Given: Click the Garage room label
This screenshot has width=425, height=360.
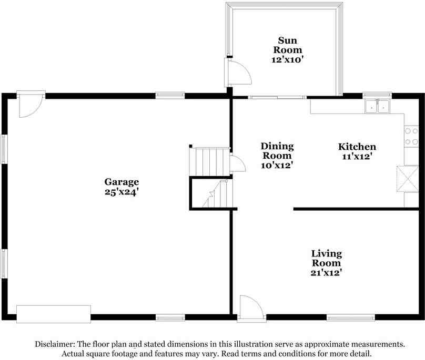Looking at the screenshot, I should (x=121, y=182).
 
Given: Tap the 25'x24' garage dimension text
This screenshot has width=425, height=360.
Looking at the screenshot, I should (x=121, y=192).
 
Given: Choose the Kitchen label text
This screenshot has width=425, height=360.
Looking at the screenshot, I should (x=357, y=147).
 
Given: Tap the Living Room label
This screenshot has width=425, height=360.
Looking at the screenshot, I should (x=326, y=258).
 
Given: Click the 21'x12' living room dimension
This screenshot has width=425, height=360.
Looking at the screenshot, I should (x=326, y=273).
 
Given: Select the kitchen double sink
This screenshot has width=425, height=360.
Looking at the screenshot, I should (x=377, y=106).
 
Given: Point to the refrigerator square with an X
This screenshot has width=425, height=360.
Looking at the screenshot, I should (x=407, y=179).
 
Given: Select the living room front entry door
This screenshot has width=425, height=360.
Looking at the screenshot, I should (x=249, y=307).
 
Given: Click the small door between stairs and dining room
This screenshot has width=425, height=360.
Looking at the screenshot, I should (x=237, y=163).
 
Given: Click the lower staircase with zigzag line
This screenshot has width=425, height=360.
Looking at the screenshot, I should (x=211, y=194).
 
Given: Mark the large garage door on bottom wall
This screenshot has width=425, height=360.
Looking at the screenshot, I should (x=54, y=314).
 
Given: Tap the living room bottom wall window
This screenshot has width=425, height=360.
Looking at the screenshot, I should (x=350, y=317).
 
